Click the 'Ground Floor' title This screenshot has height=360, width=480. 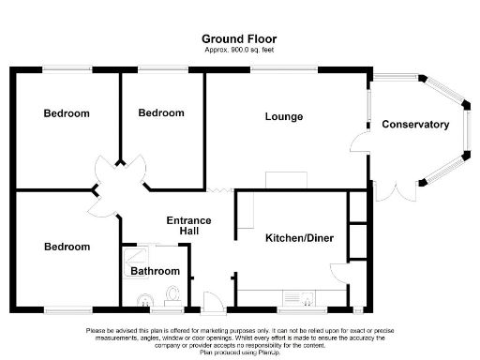(239, 38)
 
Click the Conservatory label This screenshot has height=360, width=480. (415, 125)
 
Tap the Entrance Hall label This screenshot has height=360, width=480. (188, 226)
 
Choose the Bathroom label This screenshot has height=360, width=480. (155, 271)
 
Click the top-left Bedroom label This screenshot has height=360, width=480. (67, 113)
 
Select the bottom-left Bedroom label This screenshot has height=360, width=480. (67, 247)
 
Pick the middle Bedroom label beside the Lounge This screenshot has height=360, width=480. (161, 112)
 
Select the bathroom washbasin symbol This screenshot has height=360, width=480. (142, 300)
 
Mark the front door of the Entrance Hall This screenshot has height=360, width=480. (213, 303)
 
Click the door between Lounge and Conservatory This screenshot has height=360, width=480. (359, 141)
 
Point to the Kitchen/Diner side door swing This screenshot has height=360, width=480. (338, 273)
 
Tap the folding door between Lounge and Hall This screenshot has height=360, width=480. (220, 190)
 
